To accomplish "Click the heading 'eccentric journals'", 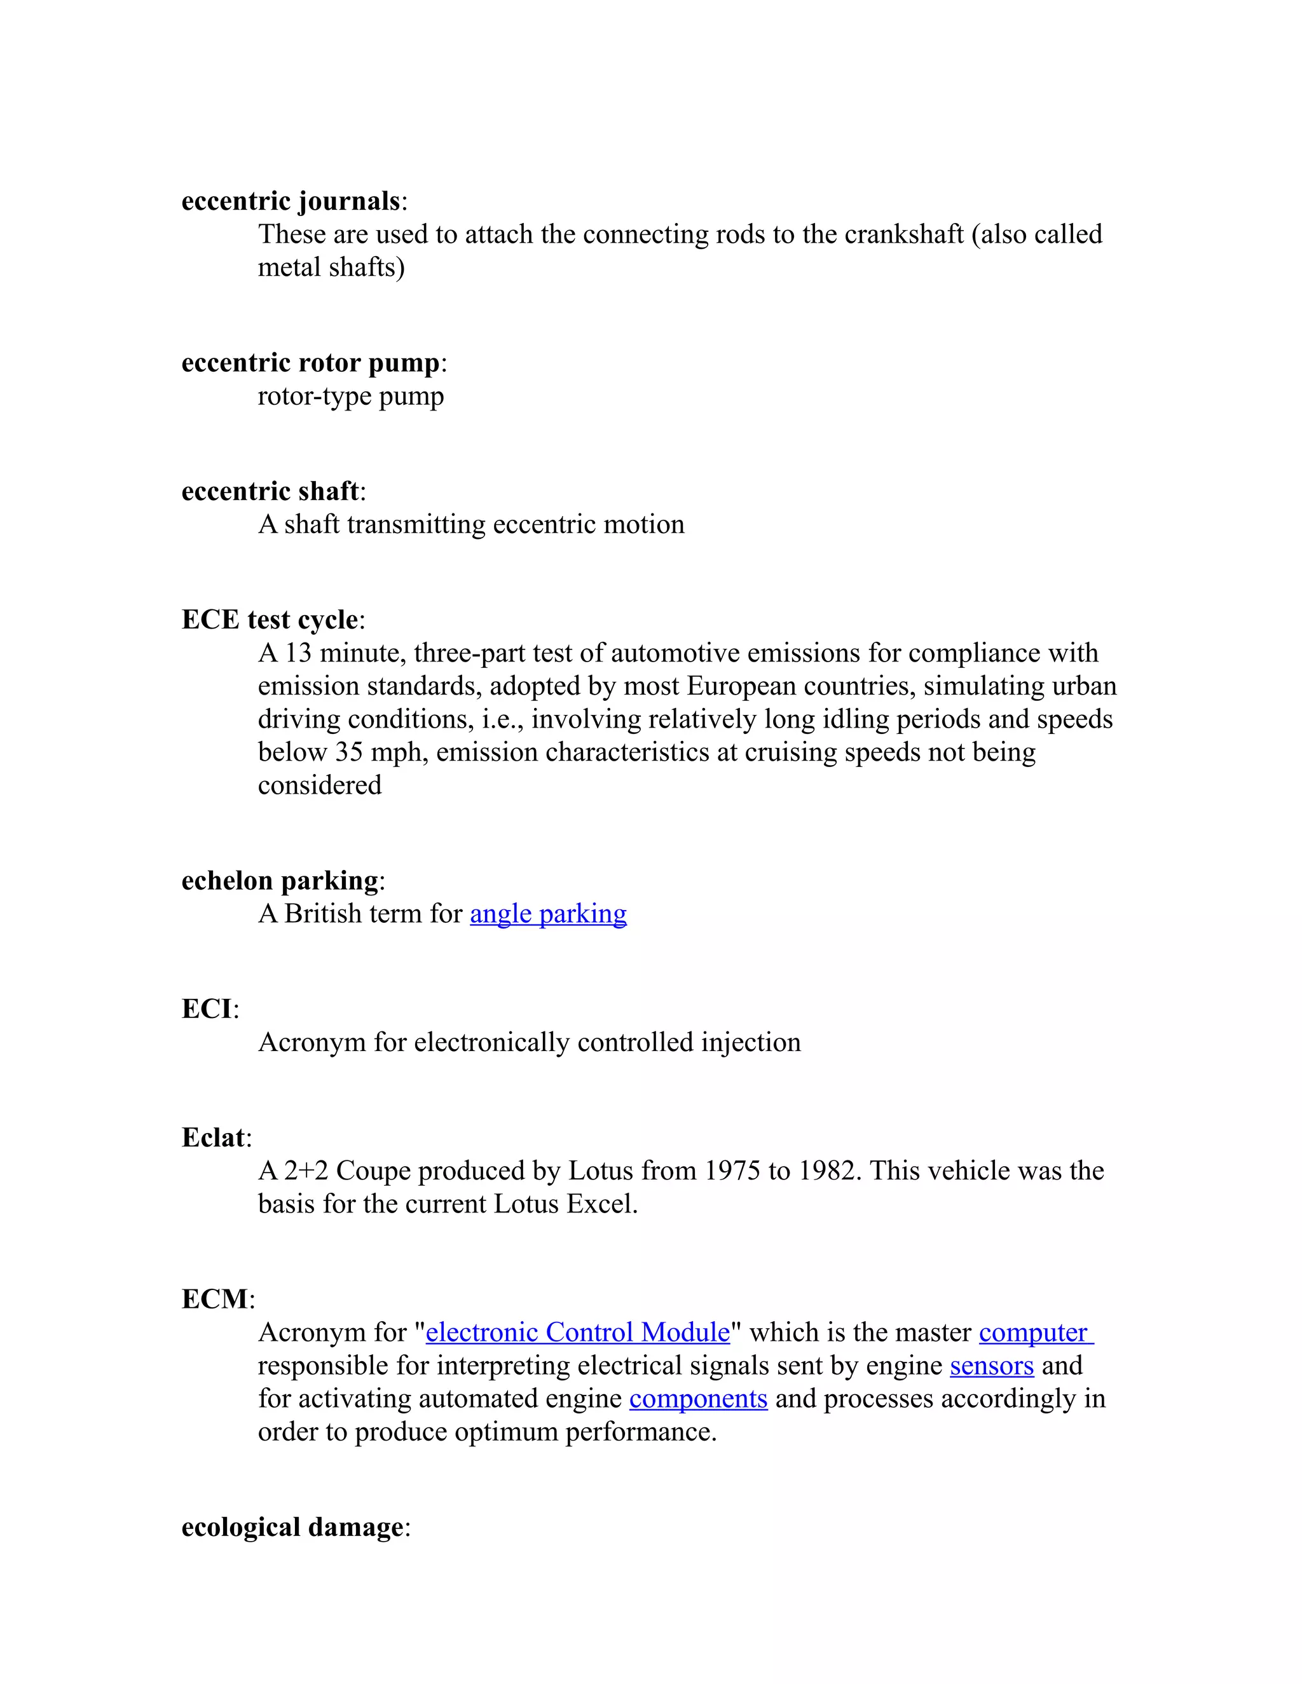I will (x=291, y=201).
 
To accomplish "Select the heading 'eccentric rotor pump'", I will (x=310, y=362).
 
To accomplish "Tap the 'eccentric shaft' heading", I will (x=270, y=491).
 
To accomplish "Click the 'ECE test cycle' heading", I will (x=269, y=619).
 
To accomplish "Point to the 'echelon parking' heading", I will (x=280, y=881).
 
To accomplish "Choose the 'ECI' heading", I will (x=207, y=1008).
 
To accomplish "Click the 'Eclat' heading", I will (x=213, y=1137).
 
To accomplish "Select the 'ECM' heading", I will (x=216, y=1300).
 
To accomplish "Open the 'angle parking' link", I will (x=549, y=914).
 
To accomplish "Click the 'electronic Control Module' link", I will (x=578, y=1333).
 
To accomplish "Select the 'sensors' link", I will (x=991, y=1366).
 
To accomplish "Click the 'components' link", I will (x=698, y=1399).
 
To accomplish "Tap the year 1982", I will (x=829, y=1171).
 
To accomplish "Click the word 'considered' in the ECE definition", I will (x=319, y=785).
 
